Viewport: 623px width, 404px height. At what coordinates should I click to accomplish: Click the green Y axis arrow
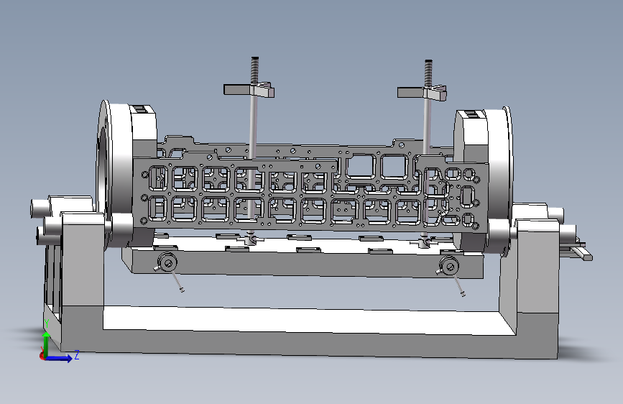[47, 343]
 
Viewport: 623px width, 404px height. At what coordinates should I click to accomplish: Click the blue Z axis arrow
[60, 358]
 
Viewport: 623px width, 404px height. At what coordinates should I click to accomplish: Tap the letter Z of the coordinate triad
[77, 354]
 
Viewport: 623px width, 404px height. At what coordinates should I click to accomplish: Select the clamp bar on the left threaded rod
[249, 90]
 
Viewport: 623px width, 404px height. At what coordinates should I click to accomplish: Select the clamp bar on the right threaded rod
[423, 93]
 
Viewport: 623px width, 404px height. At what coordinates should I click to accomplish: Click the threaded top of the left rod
[254, 70]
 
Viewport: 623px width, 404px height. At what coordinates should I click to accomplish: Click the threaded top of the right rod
[428, 73]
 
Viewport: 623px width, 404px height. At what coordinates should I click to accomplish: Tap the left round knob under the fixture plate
[167, 262]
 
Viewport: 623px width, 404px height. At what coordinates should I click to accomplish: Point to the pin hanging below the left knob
[177, 281]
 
